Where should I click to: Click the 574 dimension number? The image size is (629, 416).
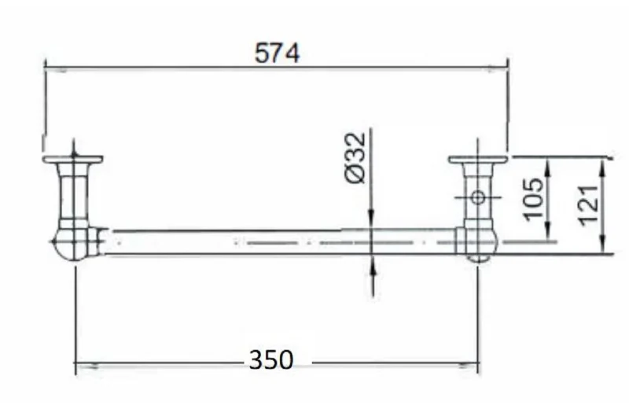click(x=277, y=53)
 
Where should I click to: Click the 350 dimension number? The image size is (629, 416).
click(x=271, y=359)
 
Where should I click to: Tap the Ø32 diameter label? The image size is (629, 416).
click(x=355, y=157)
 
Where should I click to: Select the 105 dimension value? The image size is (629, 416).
click(x=534, y=199)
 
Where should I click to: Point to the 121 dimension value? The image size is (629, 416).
click(x=587, y=204)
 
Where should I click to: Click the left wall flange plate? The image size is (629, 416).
click(x=72, y=160)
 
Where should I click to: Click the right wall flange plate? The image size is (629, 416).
click(x=478, y=160)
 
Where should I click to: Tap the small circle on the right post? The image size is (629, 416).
click(x=477, y=197)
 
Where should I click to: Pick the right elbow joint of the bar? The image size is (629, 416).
click(x=477, y=243)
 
